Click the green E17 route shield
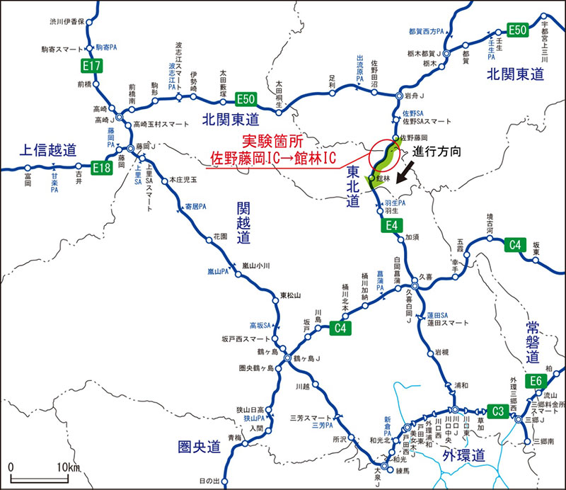click(93, 67)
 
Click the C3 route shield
click(499, 411)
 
